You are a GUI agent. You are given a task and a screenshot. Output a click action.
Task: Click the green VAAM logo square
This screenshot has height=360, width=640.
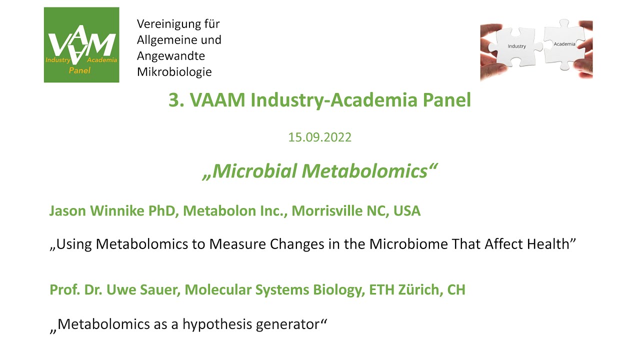[81, 44]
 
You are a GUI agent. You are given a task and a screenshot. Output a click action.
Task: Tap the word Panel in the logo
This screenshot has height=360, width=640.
[79, 70]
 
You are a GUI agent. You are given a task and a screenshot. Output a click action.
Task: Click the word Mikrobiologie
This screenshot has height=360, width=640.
[174, 72]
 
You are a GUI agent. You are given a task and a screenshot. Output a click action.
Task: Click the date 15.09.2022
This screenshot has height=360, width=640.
[319, 137]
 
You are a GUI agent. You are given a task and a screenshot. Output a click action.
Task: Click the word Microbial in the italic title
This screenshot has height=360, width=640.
[254, 171]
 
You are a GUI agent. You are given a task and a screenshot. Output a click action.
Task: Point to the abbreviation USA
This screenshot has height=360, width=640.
[407, 211]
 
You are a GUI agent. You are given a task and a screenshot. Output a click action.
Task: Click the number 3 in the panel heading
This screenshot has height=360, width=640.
[174, 100]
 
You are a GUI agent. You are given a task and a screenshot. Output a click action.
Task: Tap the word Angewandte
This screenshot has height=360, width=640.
[171, 56]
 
